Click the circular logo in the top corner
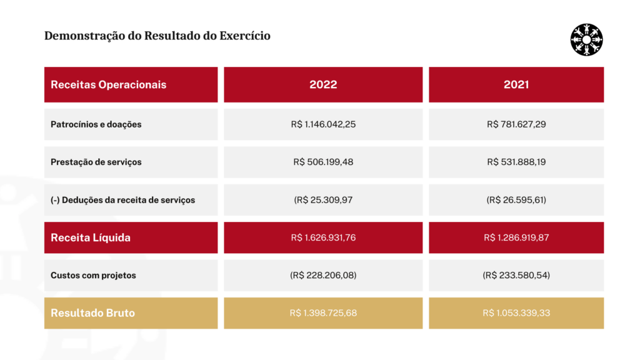pos(586,39)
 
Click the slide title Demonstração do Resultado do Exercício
pos(157,36)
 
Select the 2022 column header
pos(323,84)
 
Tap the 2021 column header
pos(516,84)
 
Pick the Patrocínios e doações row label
pos(96,124)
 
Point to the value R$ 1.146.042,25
pos(323,124)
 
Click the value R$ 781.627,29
pos(516,124)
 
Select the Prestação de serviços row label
pos(96,162)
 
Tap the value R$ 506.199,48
pos(323,162)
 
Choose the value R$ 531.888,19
pos(516,162)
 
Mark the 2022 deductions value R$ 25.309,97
pos(323,200)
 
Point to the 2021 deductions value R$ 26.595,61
pos(516,200)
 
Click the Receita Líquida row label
pos(91,237)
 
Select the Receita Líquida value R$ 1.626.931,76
pos(323,237)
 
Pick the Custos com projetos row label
pos(93,276)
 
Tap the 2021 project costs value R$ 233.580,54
pos(516,276)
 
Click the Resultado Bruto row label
pos(92,313)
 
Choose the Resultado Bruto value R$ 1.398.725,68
pos(323,313)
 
